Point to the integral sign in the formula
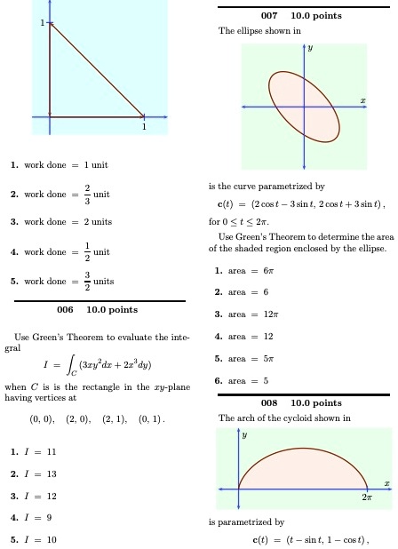pos(55,386)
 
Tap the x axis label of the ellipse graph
pos(362,100)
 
